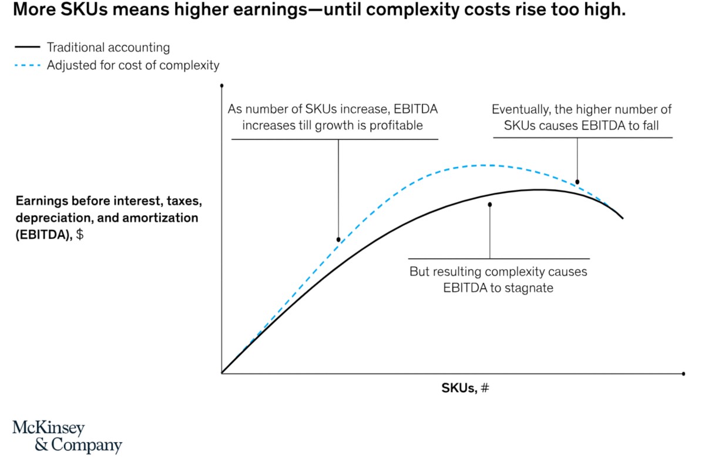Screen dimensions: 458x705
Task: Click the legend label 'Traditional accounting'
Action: pyautogui.click(x=108, y=48)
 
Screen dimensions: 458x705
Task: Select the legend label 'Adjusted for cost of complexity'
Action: pyautogui.click(x=133, y=65)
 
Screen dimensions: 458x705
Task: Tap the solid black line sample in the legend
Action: pyautogui.click(x=26, y=48)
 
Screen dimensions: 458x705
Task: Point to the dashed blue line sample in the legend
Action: pyautogui.click(x=26, y=65)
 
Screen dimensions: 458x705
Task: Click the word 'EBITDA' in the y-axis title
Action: pyautogui.click(x=43, y=234)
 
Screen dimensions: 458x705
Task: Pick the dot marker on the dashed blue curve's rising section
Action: pyautogui.click(x=338, y=239)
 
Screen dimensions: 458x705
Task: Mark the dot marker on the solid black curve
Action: pyautogui.click(x=490, y=205)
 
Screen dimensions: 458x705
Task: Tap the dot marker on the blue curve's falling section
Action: pyautogui.click(x=578, y=182)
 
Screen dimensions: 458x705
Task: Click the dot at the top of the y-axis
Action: pyautogui.click(x=221, y=86)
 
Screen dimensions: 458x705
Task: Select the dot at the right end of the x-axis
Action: pyautogui.click(x=684, y=373)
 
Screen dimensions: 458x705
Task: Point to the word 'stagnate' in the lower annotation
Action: pyautogui.click(x=528, y=289)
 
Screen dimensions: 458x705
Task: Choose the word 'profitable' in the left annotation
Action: pyautogui.click(x=395, y=125)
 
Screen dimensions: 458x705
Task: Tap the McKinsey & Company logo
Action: pyautogui.click(x=66, y=436)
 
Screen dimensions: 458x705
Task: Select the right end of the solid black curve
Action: pyautogui.click(x=622, y=218)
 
